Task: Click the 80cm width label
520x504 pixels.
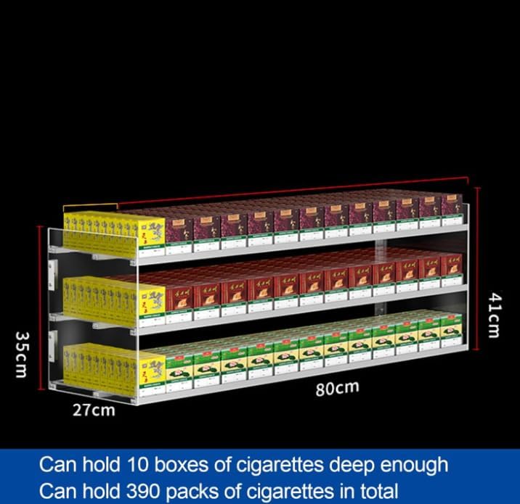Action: point(337,388)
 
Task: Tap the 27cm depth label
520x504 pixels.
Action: point(93,410)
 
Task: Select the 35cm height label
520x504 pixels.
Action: point(22,355)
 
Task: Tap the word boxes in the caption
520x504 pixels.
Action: point(185,464)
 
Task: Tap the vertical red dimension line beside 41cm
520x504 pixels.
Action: point(479,268)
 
